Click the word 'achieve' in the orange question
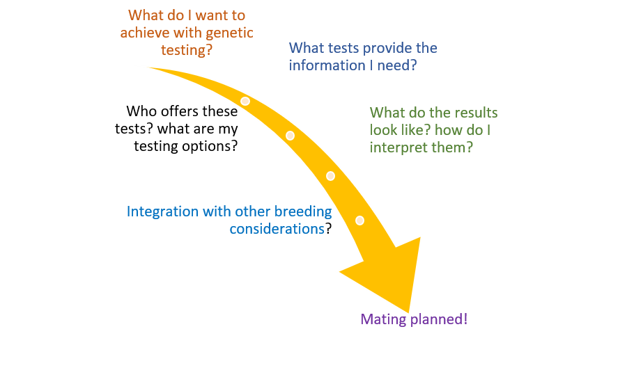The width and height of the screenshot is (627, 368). click(x=142, y=33)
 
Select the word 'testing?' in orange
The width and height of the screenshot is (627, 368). click(x=187, y=51)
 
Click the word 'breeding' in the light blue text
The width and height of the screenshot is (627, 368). click(x=304, y=211)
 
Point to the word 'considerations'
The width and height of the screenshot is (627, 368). click(x=277, y=229)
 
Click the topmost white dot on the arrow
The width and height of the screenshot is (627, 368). click(x=245, y=101)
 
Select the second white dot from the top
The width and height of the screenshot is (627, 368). click(x=290, y=136)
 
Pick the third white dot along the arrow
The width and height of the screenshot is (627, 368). click(x=330, y=176)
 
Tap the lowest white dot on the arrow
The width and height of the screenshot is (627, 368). click(x=359, y=221)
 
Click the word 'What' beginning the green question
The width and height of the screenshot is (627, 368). click(x=385, y=113)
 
